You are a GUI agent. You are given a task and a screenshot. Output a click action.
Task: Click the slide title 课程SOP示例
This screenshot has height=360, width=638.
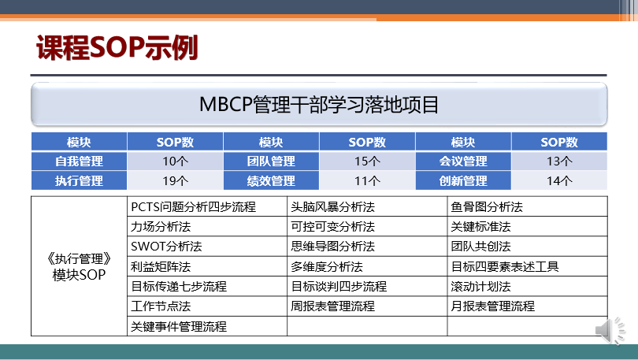[117, 47]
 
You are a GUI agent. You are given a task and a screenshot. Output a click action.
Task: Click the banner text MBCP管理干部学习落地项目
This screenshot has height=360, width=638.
[319, 105]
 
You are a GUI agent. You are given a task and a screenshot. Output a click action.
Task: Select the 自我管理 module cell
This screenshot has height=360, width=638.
[79, 161]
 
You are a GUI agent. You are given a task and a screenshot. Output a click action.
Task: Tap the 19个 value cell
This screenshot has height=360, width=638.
[175, 180]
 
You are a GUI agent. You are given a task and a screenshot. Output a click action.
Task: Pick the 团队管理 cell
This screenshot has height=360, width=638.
[271, 161]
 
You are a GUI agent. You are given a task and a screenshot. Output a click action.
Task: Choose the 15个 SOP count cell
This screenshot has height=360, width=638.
[367, 161]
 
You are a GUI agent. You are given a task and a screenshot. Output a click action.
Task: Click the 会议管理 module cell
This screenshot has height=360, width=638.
[463, 161]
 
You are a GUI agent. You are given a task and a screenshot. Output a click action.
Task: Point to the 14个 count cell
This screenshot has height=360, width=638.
[559, 180]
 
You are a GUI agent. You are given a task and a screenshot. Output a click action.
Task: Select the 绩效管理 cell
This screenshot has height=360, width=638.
[271, 180]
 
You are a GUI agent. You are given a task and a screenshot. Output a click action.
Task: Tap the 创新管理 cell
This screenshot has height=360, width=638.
[463, 180]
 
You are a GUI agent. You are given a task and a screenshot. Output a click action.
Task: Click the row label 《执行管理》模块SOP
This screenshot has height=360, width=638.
[79, 266]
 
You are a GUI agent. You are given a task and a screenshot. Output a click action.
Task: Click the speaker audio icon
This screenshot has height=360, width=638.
[610, 330]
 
